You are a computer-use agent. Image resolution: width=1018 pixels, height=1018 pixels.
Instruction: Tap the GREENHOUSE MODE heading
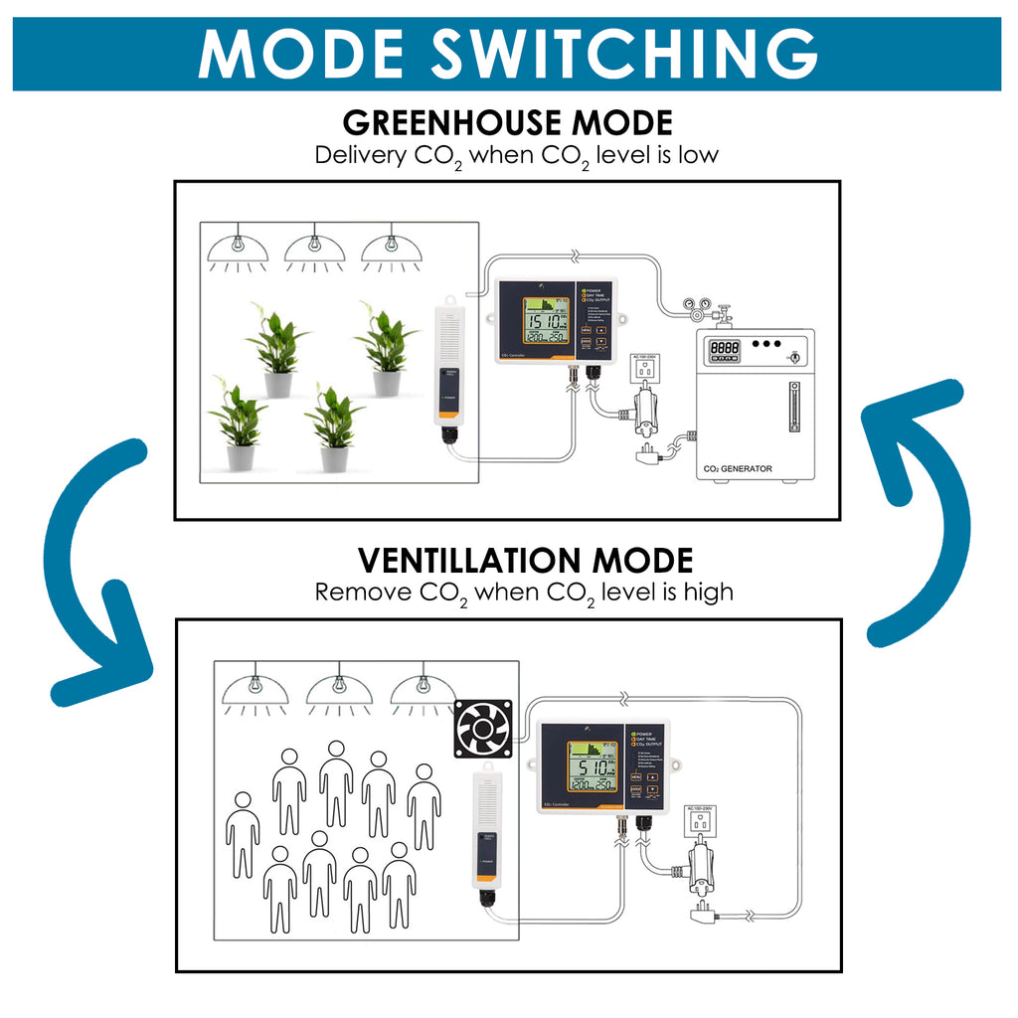tap(507, 123)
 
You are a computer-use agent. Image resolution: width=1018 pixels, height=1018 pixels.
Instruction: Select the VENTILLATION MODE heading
tap(525, 560)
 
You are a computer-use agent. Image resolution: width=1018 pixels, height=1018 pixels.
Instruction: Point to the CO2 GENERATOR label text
tap(736, 468)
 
